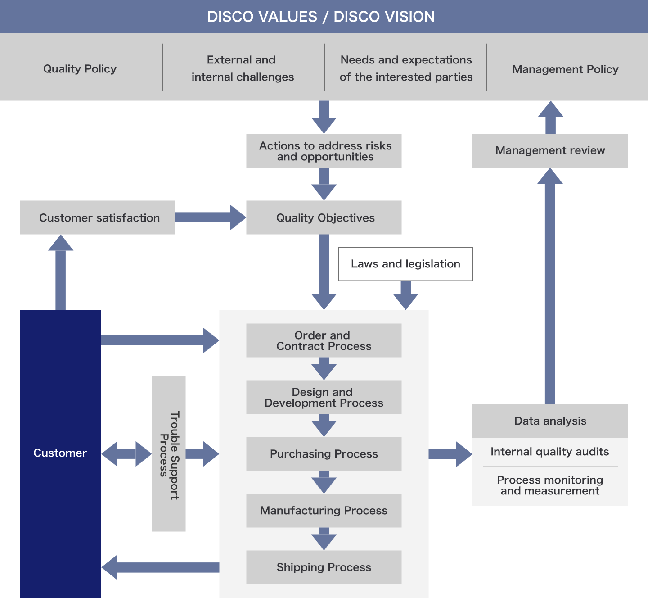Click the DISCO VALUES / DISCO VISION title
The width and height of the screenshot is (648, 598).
[x=321, y=17]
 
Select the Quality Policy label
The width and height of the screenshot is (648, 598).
[x=80, y=69]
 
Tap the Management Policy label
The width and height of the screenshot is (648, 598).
[x=565, y=69]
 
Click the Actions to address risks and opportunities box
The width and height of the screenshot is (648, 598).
[x=324, y=150]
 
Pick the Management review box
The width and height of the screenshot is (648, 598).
[x=550, y=150]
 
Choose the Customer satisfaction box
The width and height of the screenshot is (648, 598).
[x=98, y=217]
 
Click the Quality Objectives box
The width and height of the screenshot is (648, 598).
[x=324, y=217]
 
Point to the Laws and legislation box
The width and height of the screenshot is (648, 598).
[x=405, y=264]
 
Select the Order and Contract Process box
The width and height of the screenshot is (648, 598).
[x=324, y=340]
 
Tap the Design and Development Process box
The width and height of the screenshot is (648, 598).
[x=324, y=397]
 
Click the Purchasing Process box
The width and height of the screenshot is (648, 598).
[x=324, y=453]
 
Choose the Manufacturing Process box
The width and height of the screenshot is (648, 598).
[x=324, y=511]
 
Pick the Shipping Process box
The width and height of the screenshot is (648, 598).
[x=324, y=567]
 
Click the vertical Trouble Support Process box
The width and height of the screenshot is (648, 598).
[x=169, y=454]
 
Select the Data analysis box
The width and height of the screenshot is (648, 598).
[x=550, y=421]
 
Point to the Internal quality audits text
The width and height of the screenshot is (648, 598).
[x=550, y=452]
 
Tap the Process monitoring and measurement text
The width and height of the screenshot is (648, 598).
[x=550, y=485]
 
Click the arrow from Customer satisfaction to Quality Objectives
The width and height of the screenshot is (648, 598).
[x=211, y=217]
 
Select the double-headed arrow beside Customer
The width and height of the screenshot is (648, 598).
[x=126, y=453]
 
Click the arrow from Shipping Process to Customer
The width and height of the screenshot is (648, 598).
[x=160, y=567]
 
